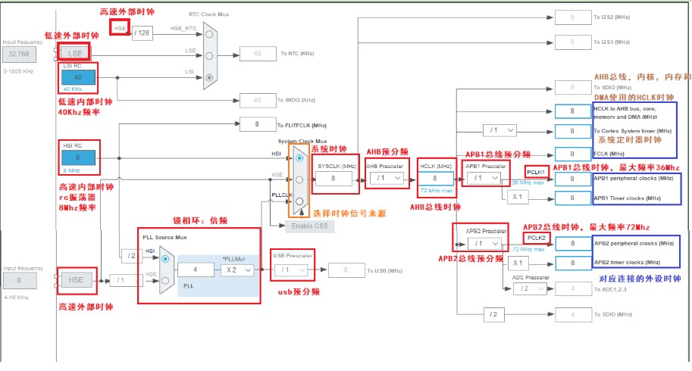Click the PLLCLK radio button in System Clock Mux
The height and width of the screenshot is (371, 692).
[x=300, y=201]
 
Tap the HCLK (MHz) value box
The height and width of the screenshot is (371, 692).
[x=436, y=179]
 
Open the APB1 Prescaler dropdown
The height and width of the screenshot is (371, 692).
[x=484, y=178]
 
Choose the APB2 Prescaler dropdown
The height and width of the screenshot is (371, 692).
[x=484, y=243]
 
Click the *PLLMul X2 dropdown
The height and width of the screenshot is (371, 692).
[x=238, y=270]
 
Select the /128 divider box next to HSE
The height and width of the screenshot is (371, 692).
[x=142, y=33]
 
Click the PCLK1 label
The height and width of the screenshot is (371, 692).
[x=537, y=172]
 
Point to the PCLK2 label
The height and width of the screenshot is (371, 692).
[x=537, y=238]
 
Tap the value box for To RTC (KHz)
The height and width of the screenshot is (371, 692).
[x=258, y=53]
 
